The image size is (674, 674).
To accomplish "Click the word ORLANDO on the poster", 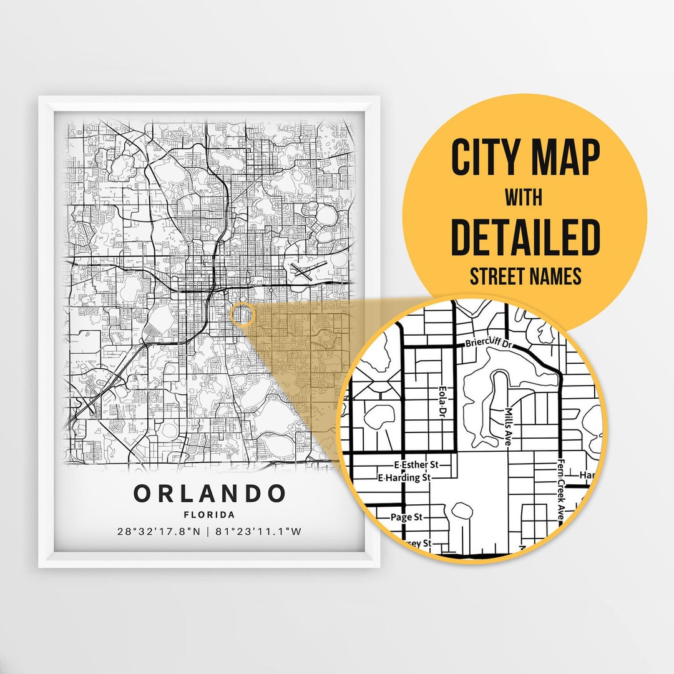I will (209, 494).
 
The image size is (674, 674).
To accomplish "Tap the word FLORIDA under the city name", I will (209, 515).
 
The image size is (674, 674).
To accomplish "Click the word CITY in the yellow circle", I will (486, 159).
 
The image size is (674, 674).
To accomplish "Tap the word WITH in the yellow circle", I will (524, 198).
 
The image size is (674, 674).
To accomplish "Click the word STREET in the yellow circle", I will (497, 276).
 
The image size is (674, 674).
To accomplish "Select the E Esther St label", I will (417, 465).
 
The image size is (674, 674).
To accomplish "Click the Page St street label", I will (406, 517).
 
